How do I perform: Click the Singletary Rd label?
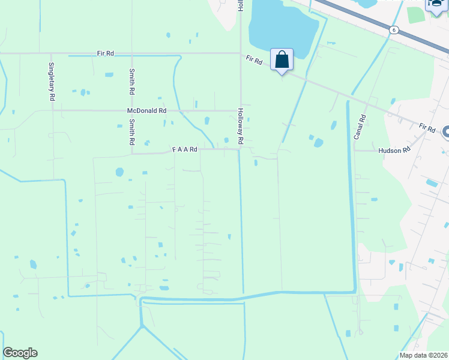(x=52, y=80)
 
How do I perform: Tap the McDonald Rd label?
(x=146, y=111)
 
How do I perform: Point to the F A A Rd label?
(x=185, y=149)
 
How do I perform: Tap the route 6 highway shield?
(x=393, y=29)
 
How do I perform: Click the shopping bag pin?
(x=282, y=60)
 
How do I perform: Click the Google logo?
(x=20, y=353)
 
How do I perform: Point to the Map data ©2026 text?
(x=423, y=355)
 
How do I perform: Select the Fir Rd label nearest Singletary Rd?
(x=105, y=53)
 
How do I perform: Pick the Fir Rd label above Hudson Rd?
(x=427, y=128)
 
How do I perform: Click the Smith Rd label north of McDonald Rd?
(x=131, y=82)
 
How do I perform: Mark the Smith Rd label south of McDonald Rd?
(x=131, y=132)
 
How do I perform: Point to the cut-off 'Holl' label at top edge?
(x=240, y=6)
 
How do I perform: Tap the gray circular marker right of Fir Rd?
(x=446, y=133)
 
